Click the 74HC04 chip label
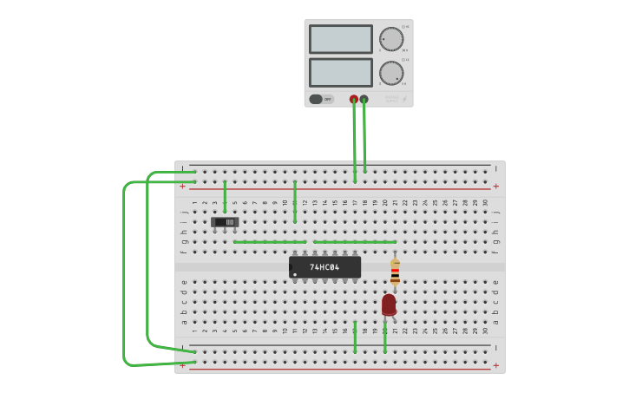point(324,267)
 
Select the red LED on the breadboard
point(389,305)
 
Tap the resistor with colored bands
point(395,272)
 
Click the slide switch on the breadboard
point(225,222)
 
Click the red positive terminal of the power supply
point(353,99)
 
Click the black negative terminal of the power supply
point(364,99)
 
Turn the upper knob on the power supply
point(391,39)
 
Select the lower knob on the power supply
point(391,73)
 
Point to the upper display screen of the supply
point(340,39)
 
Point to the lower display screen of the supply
point(340,72)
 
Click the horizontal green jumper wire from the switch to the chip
point(269,242)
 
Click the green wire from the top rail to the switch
point(225,196)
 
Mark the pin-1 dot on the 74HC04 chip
point(296,274)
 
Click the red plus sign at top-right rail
point(495,187)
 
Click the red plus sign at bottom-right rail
point(495,366)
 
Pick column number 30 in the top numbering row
point(485,203)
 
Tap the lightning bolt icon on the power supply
point(404,100)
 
